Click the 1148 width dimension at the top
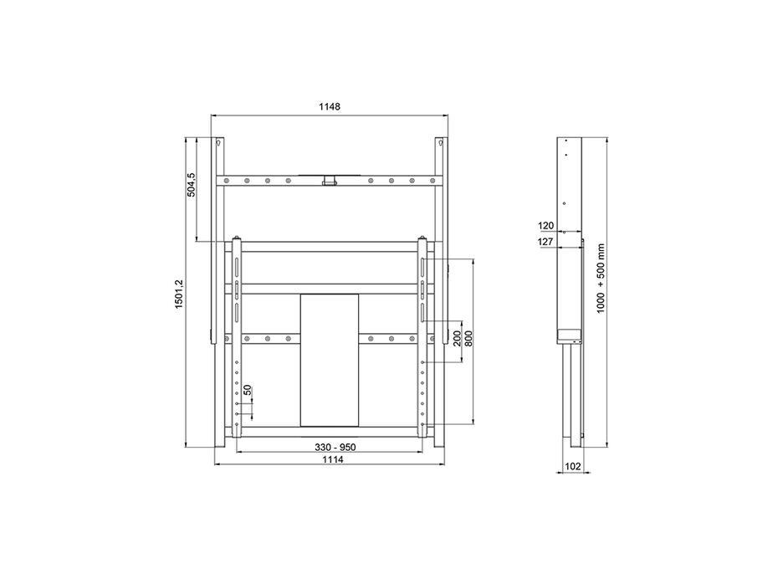[x=329, y=107]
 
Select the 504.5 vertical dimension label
[x=192, y=185]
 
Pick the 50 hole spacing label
[x=247, y=390]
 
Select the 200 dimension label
[x=458, y=339]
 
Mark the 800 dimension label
[x=468, y=339]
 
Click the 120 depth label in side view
[x=546, y=225]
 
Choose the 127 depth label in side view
[x=546, y=243]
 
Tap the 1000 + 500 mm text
[x=600, y=278]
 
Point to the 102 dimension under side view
[x=573, y=467]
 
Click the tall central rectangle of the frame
[x=330, y=359]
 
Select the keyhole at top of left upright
[x=219, y=144]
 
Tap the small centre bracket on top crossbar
[x=330, y=179]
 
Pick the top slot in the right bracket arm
[x=423, y=266]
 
